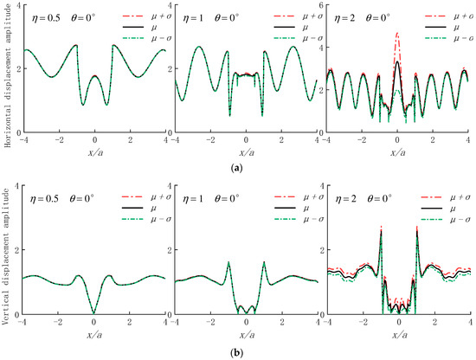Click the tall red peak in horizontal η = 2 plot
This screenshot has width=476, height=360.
(396, 33)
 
